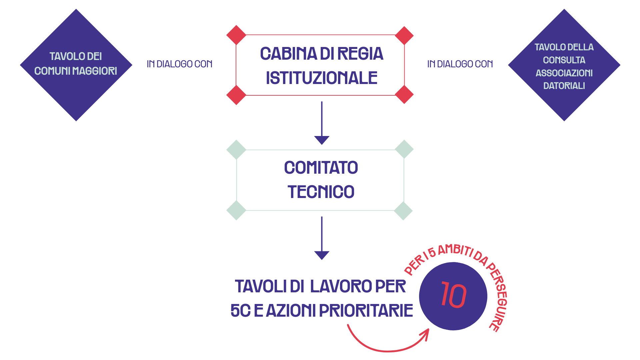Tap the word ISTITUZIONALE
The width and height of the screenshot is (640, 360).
coord(322,78)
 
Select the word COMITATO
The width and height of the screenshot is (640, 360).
coord(321,167)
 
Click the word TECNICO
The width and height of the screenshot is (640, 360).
coord(321,192)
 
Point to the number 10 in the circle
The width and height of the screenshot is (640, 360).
coord(453,295)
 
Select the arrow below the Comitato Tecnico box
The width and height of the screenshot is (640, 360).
coord(322,238)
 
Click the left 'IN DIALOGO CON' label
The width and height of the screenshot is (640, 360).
coord(180,64)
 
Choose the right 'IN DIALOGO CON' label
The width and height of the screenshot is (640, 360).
coord(460,64)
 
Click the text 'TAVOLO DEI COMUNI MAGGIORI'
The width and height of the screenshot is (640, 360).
coord(76,64)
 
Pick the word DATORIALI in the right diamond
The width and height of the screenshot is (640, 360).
coord(564,86)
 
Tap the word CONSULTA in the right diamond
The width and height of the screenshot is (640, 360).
coord(564,60)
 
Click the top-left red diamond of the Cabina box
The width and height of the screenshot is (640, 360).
coord(236,35)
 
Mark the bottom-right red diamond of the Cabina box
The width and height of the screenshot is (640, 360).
coord(404,95)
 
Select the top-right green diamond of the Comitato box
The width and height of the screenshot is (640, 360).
coord(404,149)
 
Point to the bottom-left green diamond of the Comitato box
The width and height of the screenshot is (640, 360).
coord(236,210)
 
